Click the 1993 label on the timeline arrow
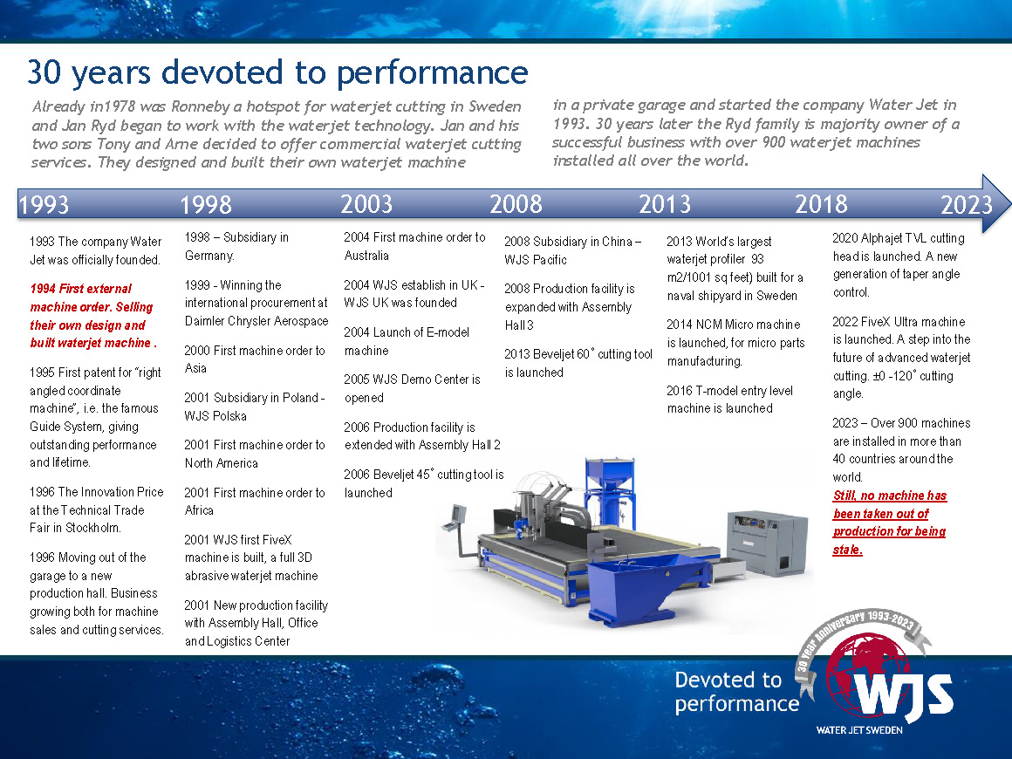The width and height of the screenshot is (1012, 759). [x=44, y=205]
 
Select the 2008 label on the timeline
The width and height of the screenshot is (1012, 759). [x=516, y=205]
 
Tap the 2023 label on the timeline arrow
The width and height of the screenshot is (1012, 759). [x=966, y=205]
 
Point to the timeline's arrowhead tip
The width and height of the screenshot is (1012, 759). [x=1010, y=204]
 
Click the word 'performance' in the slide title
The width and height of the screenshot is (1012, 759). [x=433, y=73]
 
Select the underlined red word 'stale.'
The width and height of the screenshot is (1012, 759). [x=847, y=550]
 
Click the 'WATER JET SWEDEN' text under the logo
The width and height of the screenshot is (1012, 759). [x=859, y=730]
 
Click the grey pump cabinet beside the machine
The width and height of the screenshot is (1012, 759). [x=767, y=542]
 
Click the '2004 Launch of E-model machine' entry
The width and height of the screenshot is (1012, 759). [x=407, y=341]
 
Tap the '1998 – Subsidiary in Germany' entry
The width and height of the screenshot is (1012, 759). [x=236, y=247]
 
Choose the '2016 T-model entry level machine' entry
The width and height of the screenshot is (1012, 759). [x=729, y=400]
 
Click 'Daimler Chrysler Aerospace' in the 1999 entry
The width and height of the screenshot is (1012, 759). [x=256, y=321]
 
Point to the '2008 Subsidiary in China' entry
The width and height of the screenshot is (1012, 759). [x=572, y=250]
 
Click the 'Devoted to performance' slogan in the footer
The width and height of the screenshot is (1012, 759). [x=736, y=691]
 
